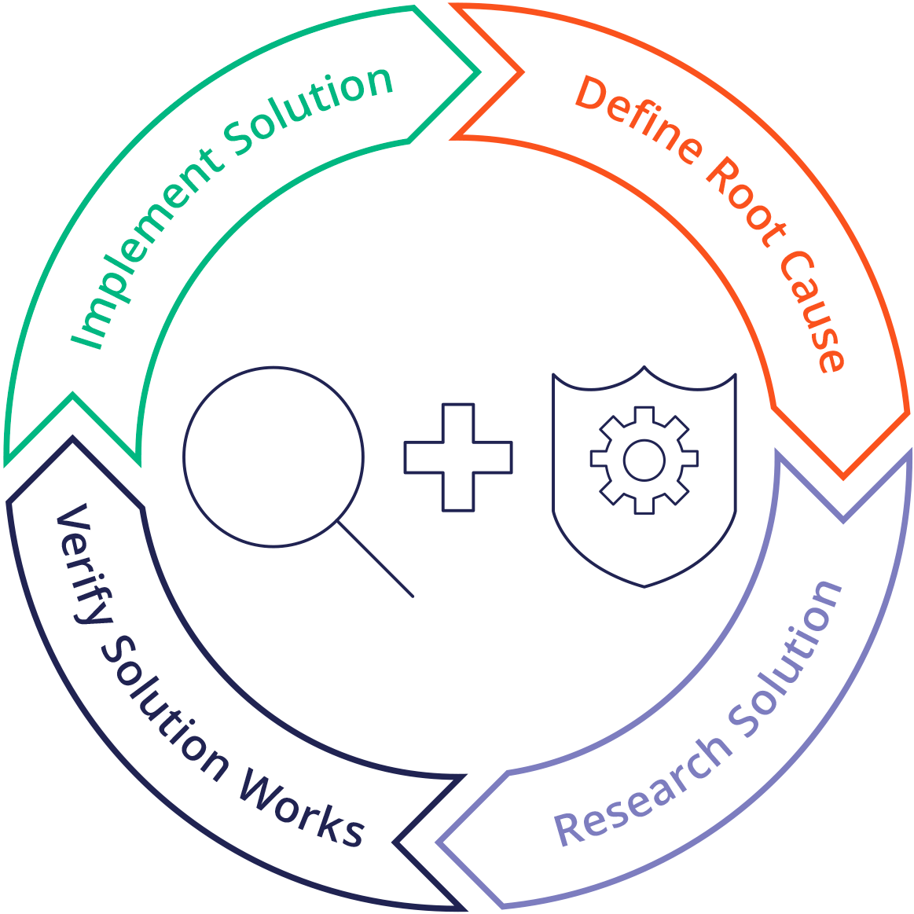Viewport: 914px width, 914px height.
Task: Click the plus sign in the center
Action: click(x=458, y=457)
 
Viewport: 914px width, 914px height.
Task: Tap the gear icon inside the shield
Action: click(x=644, y=461)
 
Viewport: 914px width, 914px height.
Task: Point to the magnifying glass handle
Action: click(x=376, y=559)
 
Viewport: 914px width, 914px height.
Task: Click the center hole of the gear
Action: click(x=644, y=461)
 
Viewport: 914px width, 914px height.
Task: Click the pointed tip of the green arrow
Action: click(x=478, y=72)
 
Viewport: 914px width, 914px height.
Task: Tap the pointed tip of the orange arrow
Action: click(x=843, y=475)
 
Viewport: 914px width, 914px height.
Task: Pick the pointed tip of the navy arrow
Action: click(x=72, y=440)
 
